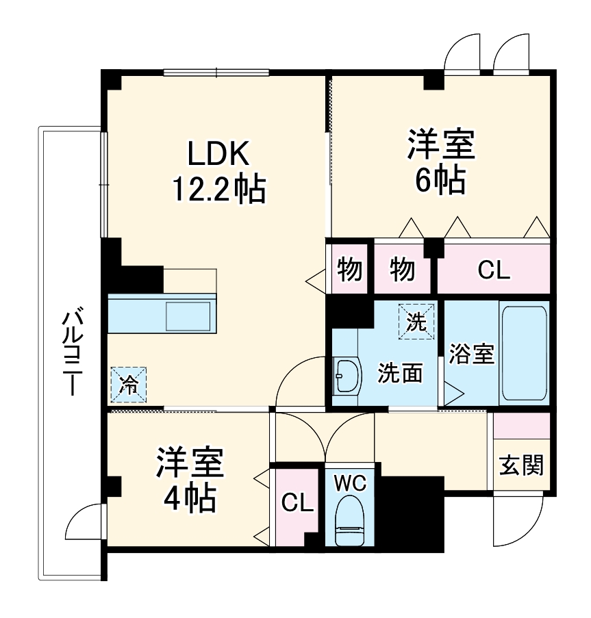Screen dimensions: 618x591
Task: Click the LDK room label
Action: coord(218,155)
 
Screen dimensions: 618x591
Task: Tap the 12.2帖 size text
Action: coord(218,190)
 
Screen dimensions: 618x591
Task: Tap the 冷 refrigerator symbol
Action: coord(128,383)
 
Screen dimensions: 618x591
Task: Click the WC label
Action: coord(350,482)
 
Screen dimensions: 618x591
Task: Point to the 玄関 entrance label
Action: coord(521,465)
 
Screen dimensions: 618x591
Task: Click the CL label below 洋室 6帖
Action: coord(494,271)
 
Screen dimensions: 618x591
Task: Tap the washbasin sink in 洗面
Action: coord(347,376)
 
